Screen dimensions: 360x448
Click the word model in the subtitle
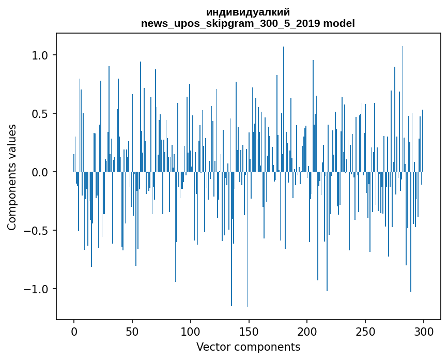pos(338,24)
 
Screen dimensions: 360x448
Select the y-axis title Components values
pos(12,177)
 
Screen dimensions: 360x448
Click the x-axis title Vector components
pos(248,347)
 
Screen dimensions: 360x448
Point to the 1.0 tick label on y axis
pos(40,55)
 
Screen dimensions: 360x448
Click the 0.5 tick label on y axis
pos(40,114)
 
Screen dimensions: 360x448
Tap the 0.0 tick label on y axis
pos(40,172)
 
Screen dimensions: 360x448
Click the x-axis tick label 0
pos(74,331)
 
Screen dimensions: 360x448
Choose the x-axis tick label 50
pos(132,331)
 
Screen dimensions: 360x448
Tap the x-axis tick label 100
pos(191,331)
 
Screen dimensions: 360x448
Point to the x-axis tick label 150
pos(249,331)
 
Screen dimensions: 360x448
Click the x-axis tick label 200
pos(307,331)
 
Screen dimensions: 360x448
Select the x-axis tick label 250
pos(365,331)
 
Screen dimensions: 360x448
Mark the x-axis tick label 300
pos(424,331)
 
